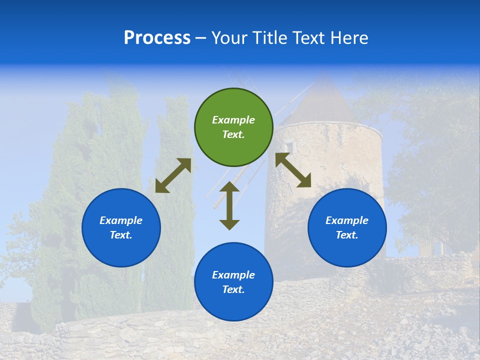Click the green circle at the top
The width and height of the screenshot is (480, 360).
point(233,127)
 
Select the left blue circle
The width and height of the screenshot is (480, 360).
point(121,227)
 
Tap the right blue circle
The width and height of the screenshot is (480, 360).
point(347,227)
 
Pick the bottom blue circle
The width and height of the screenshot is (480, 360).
point(233,282)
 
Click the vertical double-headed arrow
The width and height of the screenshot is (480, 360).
point(229,205)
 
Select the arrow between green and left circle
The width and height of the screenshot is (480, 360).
point(173,175)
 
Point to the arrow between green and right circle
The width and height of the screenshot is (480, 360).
point(293,170)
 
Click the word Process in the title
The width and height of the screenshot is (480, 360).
point(157,37)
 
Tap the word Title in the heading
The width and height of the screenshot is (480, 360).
point(268,37)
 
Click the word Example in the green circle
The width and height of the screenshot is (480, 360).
point(233,120)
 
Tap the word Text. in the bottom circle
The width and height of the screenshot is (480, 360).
point(233,289)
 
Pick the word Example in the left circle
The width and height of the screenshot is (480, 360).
point(121,220)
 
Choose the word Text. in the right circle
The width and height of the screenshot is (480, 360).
point(347,235)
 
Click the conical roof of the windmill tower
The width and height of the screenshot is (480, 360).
point(325,102)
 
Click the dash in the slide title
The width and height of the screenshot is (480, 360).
point(201,38)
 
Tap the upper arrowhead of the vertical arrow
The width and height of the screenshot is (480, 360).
point(229,187)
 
